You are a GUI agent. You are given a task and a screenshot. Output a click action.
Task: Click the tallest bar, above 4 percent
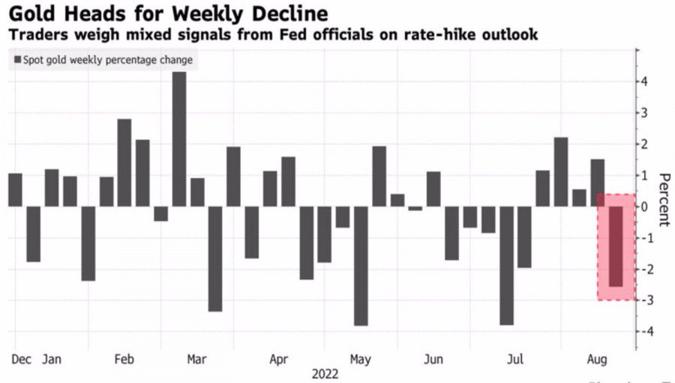click(179, 139)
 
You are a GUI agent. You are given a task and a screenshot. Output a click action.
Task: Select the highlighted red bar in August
click(615, 246)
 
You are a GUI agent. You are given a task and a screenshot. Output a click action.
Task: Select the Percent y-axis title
click(664, 200)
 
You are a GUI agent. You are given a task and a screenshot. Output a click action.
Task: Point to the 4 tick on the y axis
click(645, 81)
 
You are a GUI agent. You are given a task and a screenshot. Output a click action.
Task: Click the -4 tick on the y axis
click(643, 331)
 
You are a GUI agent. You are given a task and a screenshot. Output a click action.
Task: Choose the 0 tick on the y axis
click(645, 207)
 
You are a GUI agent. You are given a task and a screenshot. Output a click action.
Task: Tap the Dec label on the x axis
click(21, 360)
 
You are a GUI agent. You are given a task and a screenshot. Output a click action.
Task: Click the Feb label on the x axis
click(124, 360)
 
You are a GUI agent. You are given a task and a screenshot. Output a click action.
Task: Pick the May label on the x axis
click(361, 360)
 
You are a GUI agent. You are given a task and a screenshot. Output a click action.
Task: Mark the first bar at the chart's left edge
click(15, 190)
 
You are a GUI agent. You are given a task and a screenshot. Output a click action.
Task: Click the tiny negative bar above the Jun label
click(415, 208)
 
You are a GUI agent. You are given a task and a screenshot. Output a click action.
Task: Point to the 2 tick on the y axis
click(645, 143)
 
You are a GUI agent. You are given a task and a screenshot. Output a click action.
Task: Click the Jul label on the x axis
click(514, 360)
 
